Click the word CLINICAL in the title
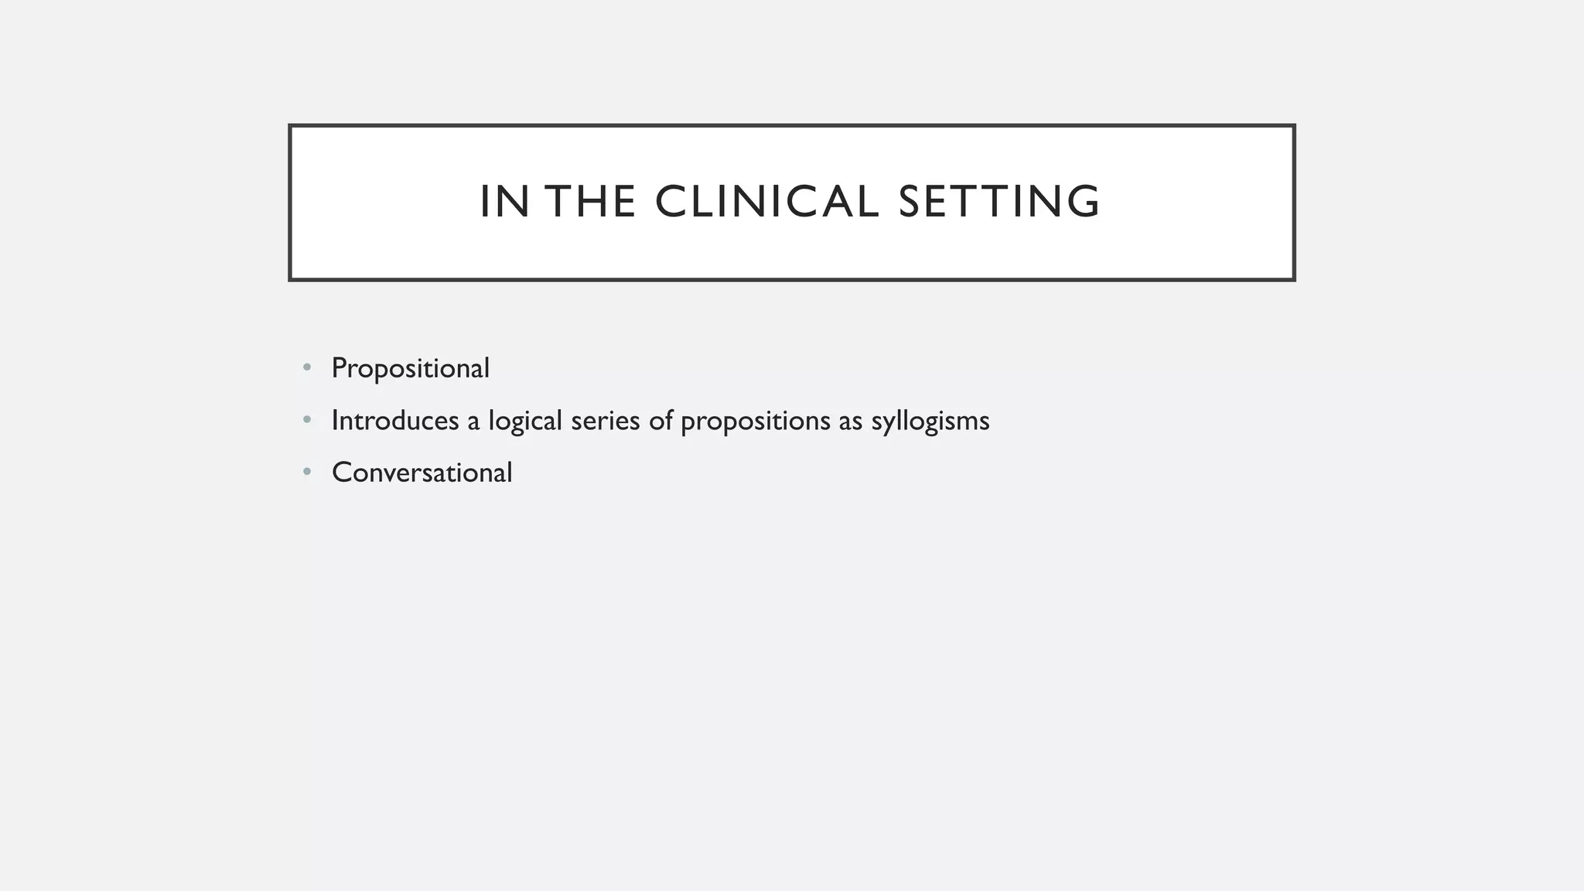(x=766, y=202)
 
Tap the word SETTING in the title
(x=999, y=202)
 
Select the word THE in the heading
(x=592, y=202)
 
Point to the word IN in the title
(x=504, y=202)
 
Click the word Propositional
(x=410, y=369)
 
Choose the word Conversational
(x=422, y=473)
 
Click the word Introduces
(x=394, y=421)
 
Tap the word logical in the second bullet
(x=524, y=421)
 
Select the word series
(x=605, y=421)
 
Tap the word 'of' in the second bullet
(x=661, y=421)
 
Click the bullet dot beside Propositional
(x=307, y=367)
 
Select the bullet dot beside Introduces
(x=307, y=420)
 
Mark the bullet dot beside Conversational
(x=307, y=471)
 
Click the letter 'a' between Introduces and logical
(x=473, y=422)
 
